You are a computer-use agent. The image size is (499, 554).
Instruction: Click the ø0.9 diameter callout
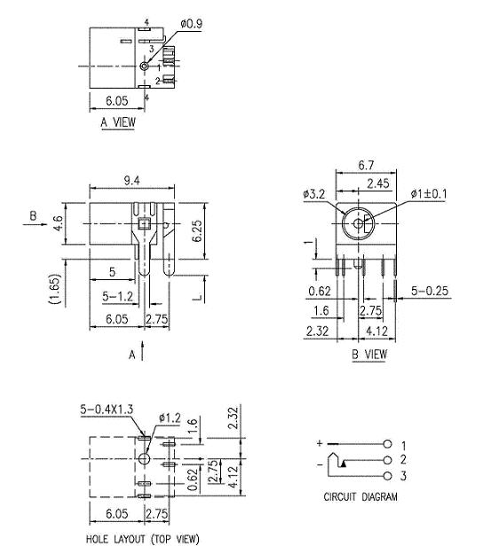pyautogui.click(x=191, y=25)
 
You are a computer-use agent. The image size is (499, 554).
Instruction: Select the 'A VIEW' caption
pyautogui.click(x=118, y=123)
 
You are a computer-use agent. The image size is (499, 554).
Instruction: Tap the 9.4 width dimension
pyautogui.click(x=131, y=181)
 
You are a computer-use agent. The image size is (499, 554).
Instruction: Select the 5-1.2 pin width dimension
pyautogui.click(x=117, y=296)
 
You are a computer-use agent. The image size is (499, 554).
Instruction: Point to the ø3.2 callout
pyautogui.click(x=313, y=193)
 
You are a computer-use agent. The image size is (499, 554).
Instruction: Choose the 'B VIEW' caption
pyautogui.click(x=369, y=354)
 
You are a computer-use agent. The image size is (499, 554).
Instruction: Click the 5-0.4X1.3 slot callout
pyautogui.click(x=108, y=409)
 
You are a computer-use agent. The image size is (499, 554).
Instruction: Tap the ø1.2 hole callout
pyautogui.click(x=170, y=417)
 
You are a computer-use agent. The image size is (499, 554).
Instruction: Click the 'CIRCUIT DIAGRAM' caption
pyautogui.click(x=360, y=497)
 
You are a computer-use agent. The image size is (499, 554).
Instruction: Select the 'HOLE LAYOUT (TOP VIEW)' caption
pyautogui.click(x=142, y=539)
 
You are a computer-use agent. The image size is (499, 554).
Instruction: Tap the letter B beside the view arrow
pyautogui.click(x=33, y=215)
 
